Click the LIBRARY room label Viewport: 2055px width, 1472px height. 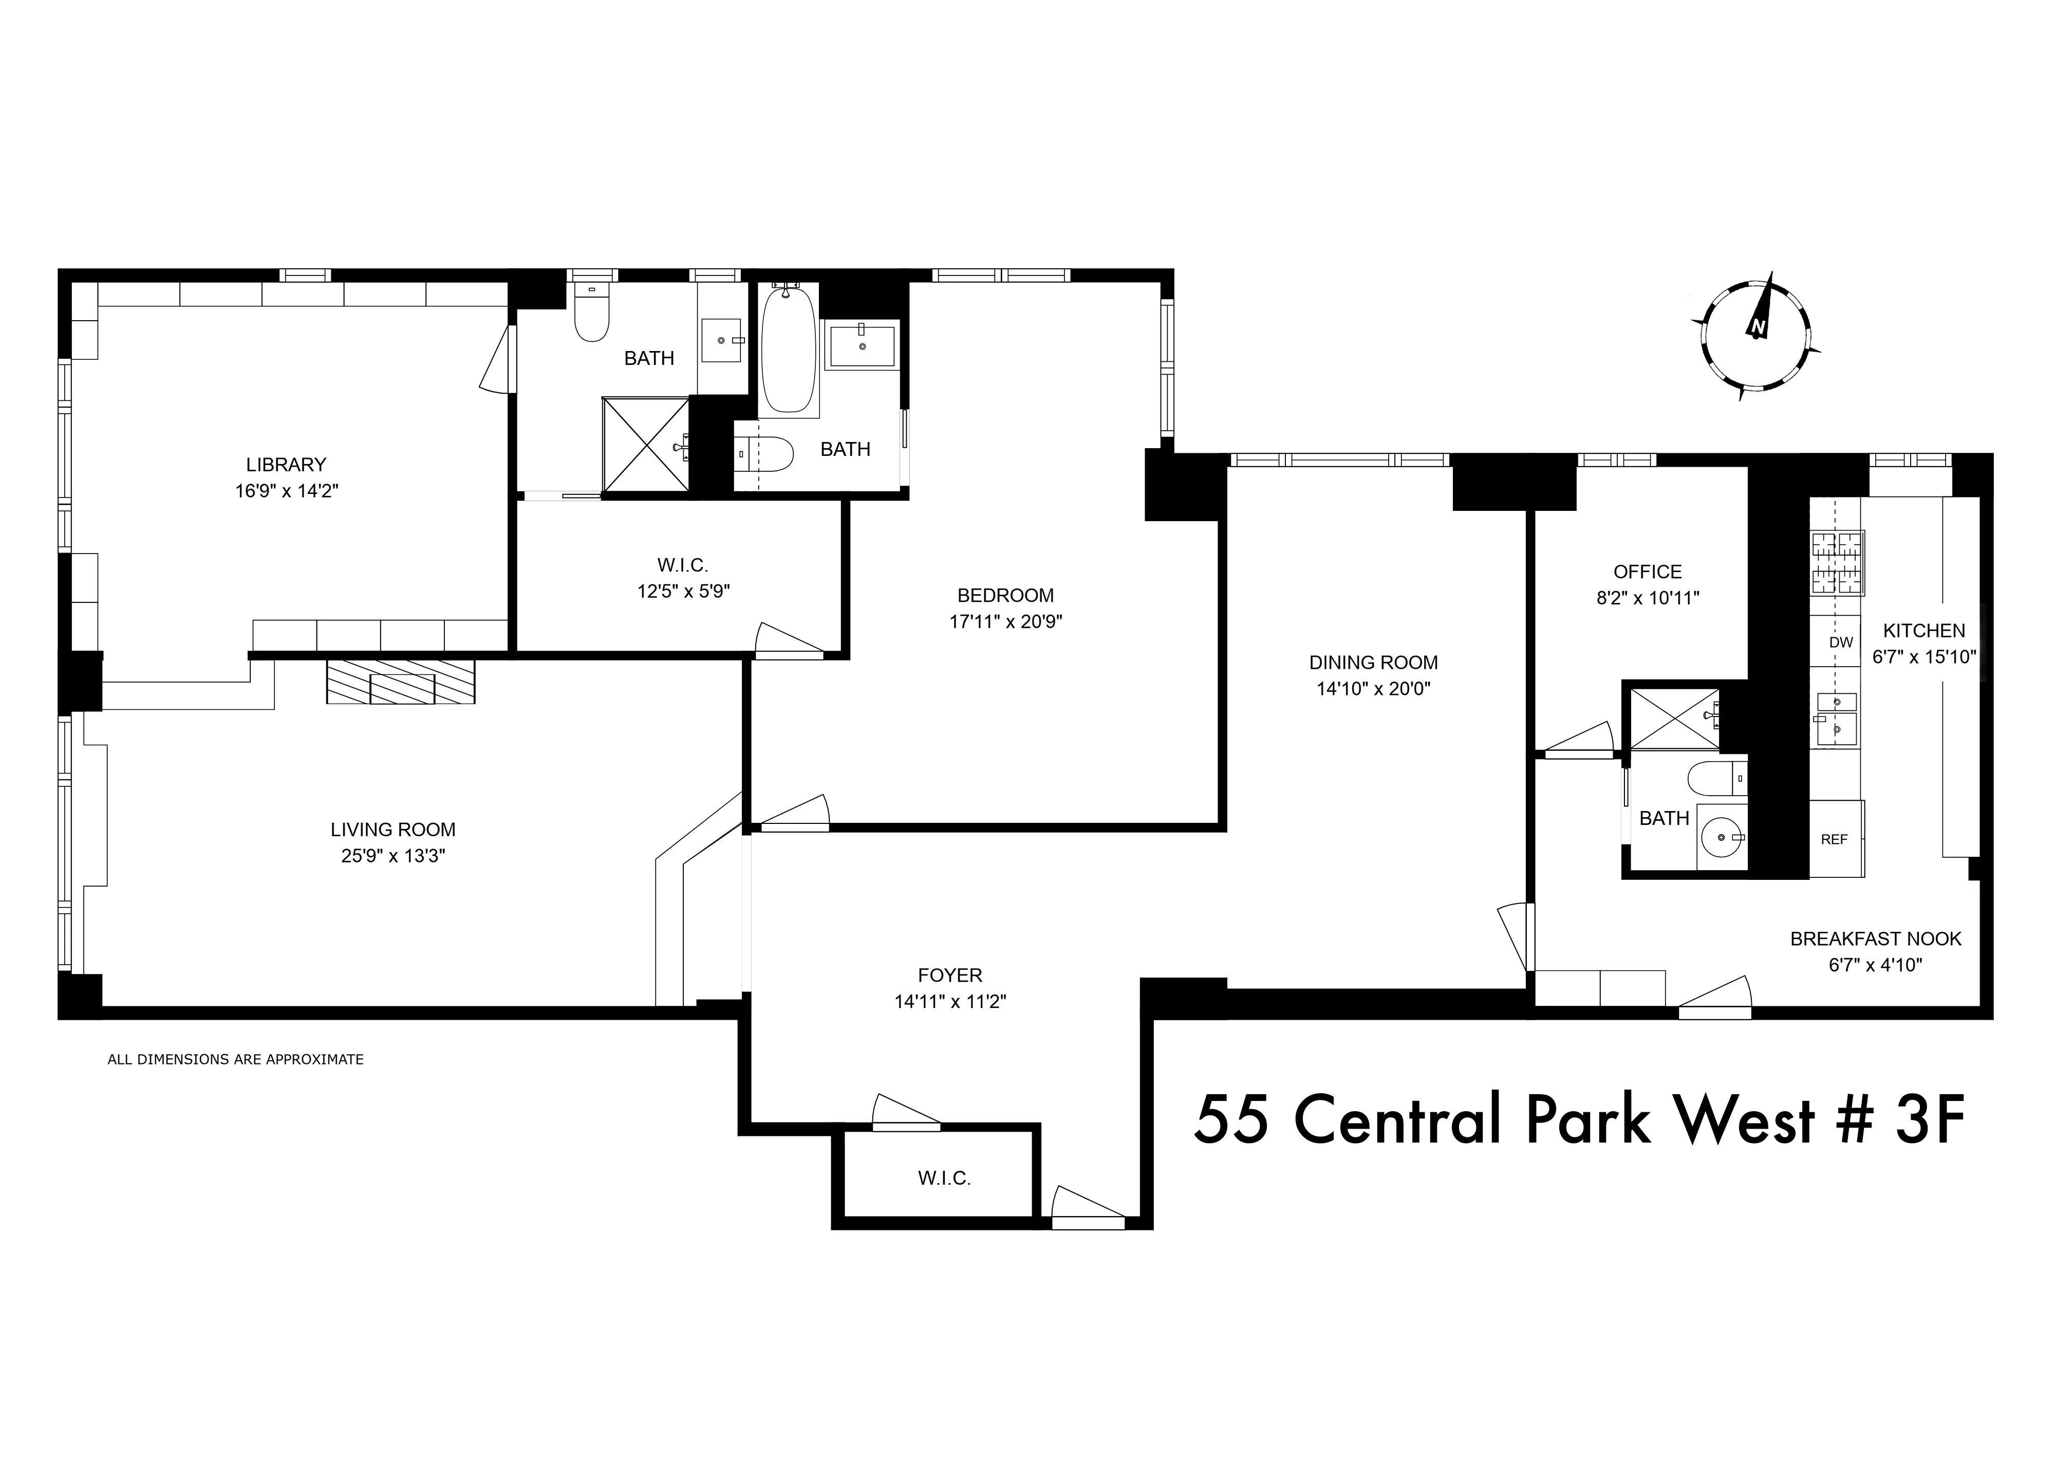click(x=286, y=465)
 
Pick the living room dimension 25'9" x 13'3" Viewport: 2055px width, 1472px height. click(x=393, y=856)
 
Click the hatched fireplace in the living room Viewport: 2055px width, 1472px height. click(x=401, y=682)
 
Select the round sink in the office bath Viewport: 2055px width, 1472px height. click(x=1719, y=838)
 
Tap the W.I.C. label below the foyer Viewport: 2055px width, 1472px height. click(x=944, y=1179)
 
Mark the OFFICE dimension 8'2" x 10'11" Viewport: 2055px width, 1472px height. click(x=1647, y=598)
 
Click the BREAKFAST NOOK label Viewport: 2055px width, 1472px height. click(x=1876, y=939)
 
